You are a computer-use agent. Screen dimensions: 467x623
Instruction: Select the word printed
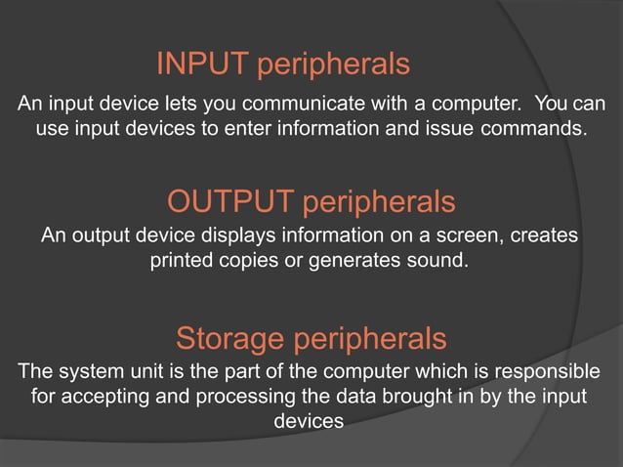tap(182, 262)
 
